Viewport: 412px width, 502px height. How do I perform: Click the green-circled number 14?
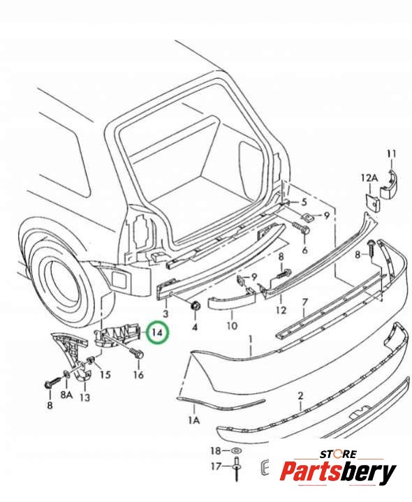coord(157,332)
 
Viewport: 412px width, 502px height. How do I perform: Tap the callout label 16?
coord(138,374)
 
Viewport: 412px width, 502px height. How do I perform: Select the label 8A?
coord(66,394)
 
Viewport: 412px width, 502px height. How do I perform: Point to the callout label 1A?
coord(194,420)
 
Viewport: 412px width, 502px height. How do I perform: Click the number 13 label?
coord(84,397)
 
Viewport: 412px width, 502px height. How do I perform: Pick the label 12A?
coord(369,178)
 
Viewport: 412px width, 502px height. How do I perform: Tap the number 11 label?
coord(392,154)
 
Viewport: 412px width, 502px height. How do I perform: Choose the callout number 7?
coord(304,302)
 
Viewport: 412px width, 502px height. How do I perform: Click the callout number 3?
coord(165,313)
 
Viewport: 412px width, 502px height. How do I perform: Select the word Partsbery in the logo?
coord(338,472)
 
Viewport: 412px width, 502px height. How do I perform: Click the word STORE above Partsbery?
coord(338,454)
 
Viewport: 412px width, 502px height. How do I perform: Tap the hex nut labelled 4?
coord(195,306)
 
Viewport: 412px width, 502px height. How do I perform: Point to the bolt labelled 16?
coord(137,353)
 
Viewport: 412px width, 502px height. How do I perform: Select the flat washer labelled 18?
coord(236,450)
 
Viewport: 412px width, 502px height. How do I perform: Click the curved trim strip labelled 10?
coord(231,302)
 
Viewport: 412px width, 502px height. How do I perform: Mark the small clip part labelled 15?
coord(91,361)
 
